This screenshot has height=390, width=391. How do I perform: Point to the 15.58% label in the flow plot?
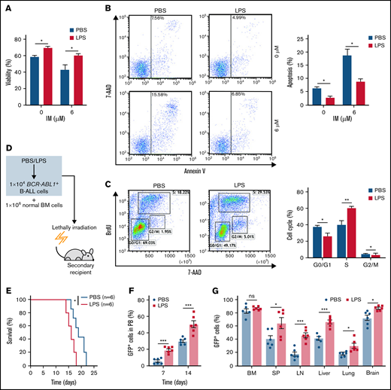[160, 93]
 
